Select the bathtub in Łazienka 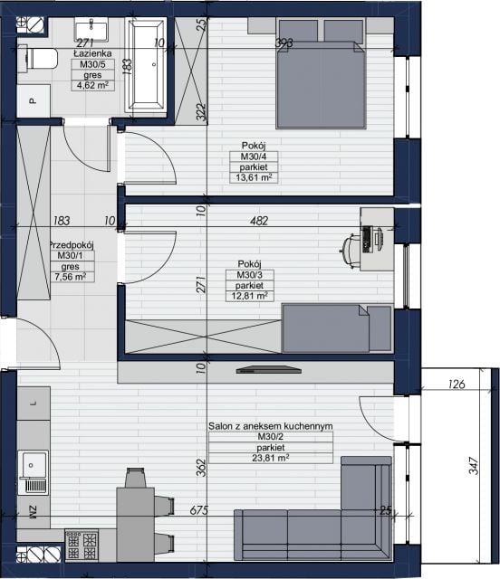coord(146,65)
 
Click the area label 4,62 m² coord(92,85)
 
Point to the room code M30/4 coord(254,157)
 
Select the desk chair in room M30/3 coord(350,251)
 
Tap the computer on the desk coord(371,239)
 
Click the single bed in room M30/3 coord(337,327)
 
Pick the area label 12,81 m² coord(250,296)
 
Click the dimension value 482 coord(259,221)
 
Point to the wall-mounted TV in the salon coord(269,370)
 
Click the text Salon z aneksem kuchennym coord(270,426)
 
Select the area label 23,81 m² coord(270,459)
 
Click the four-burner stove coord(82,545)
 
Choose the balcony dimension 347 coord(474,466)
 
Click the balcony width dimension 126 coord(457,384)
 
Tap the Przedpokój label coord(72,245)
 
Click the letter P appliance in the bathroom coord(34,100)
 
